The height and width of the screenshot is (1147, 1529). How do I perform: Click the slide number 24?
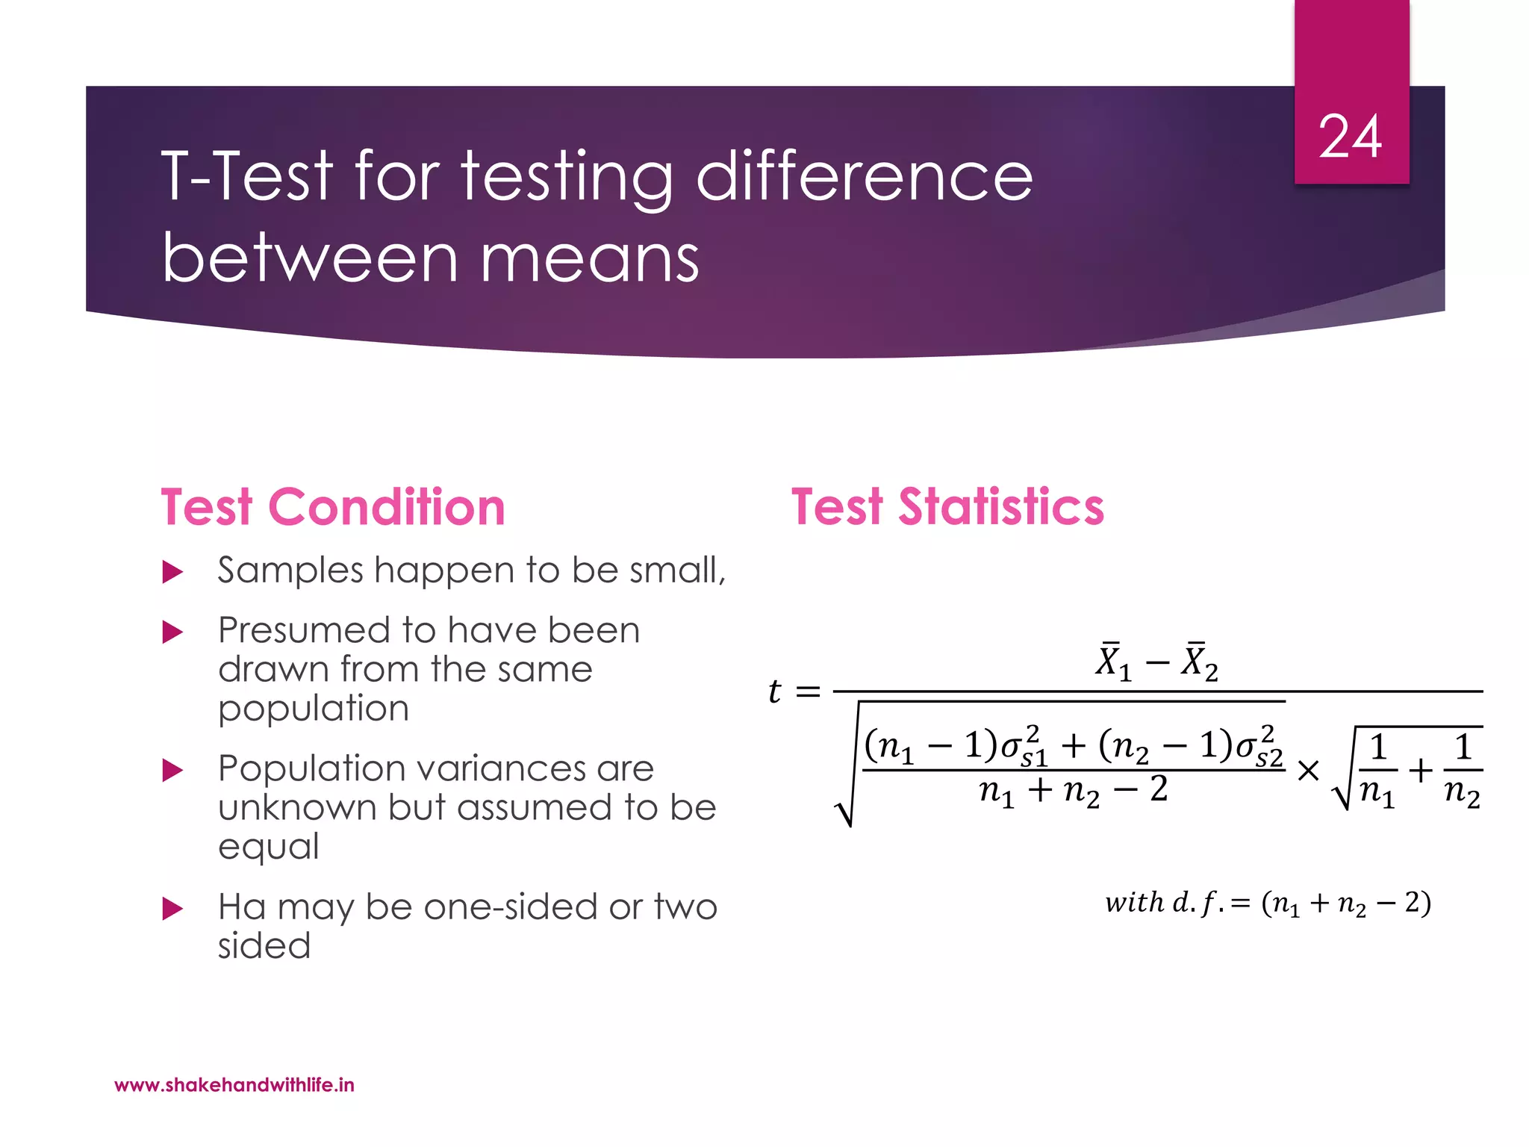point(1350,137)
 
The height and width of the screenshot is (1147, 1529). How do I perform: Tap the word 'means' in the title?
point(590,259)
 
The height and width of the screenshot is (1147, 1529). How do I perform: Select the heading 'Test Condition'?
point(333,507)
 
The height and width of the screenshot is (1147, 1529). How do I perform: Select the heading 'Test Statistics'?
point(947,507)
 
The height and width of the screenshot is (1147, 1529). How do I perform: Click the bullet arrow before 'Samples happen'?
point(172,573)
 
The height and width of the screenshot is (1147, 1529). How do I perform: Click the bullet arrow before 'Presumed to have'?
point(172,632)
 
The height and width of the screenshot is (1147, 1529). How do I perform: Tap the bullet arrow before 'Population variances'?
point(172,771)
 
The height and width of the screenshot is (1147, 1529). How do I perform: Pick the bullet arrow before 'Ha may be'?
point(172,909)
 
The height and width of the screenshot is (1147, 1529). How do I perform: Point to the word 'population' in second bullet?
point(314,709)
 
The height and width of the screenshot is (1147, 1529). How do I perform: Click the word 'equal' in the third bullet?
point(269,848)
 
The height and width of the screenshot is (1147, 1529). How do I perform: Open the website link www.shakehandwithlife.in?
point(234,1085)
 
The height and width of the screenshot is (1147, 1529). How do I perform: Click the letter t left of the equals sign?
point(775,691)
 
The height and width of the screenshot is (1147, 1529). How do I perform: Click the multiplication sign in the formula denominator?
point(1308,771)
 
